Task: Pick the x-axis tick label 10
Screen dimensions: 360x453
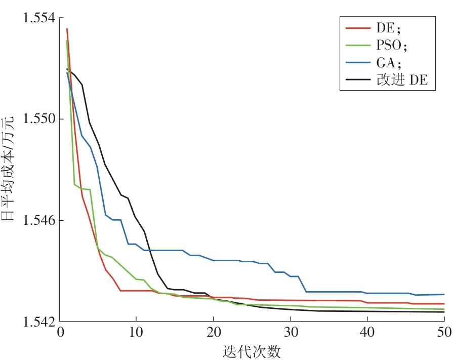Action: (x=136, y=333)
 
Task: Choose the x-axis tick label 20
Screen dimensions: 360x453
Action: (x=213, y=333)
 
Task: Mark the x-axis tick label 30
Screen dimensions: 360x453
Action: (x=290, y=333)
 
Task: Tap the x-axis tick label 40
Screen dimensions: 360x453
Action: (x=367, y=333)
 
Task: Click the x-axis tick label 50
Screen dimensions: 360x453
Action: (x=444, y=333)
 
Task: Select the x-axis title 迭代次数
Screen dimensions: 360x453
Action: (x=252, y=351)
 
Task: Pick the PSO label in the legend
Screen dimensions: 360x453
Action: (x=392, y=46)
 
